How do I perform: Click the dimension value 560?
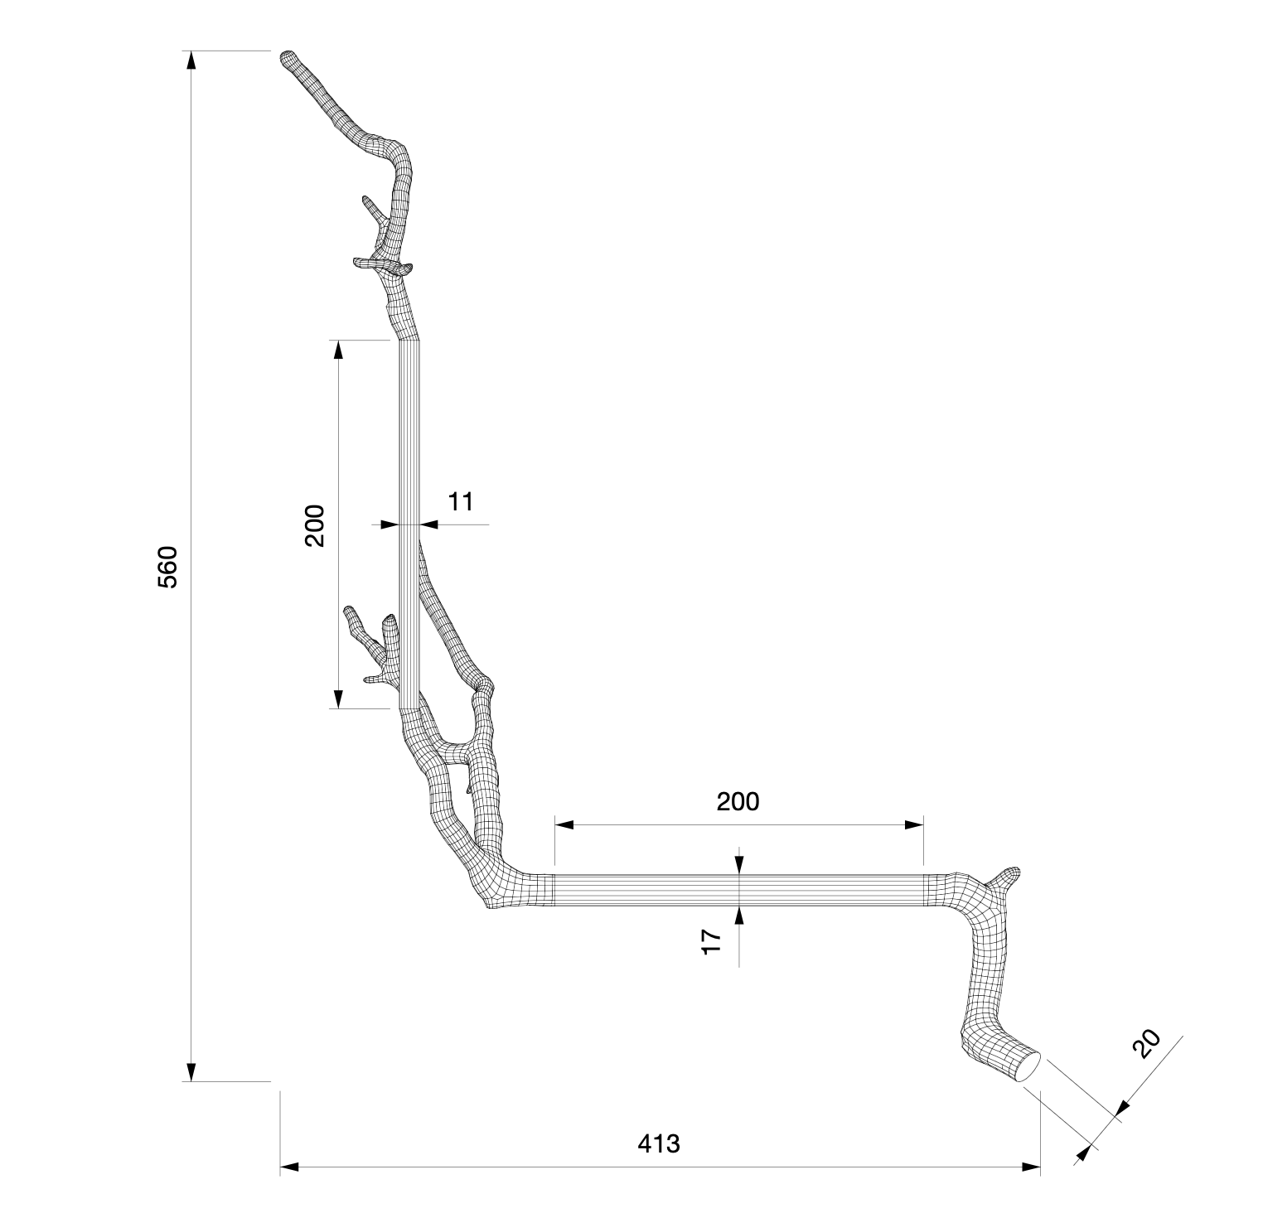[x=167, y=567]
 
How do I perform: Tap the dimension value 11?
[x=461, y=501]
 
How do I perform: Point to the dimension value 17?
[x=711, y=941]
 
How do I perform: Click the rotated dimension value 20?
[x=1147, y=1044]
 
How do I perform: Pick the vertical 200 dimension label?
[x=315, y=524]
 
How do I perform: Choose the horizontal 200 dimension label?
[x=738, y=801]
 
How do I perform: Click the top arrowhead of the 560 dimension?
[x=191, y=60]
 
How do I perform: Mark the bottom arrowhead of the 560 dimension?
[x=191, y=1072]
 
